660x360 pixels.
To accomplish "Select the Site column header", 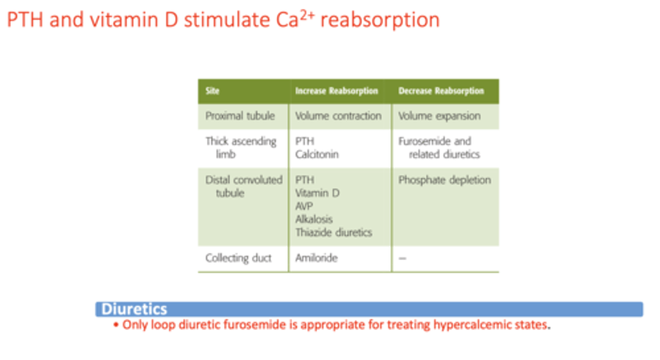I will (x=212, y=91).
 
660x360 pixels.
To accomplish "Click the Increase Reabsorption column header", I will (x=336, y=91).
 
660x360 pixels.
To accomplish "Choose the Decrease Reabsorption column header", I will (x=441, y=91).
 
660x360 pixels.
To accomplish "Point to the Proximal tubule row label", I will (x=240, y=116).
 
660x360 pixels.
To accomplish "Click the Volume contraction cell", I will (x=338, y=116).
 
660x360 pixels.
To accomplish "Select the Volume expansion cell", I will (x=439, y=116).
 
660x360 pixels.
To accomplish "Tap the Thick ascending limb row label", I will (x=240, y=147).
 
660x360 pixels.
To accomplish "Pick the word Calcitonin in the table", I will (x=317, y=154).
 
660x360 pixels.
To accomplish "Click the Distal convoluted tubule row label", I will (x=243, y=186).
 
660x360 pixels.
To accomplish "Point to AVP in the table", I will (x=304, y=206).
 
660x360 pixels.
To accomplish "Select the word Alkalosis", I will (x=314, y=219).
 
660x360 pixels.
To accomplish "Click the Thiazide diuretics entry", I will (x=334, y=232).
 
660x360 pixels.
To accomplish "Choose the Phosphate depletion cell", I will (x=444, y=180).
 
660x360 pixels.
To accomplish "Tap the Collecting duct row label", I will (x=238, y=258).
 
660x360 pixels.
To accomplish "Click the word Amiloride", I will (x=316, y=258).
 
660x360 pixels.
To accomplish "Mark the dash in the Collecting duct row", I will (x=402, y=258).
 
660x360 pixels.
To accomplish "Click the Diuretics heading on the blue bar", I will (x=134, y=309).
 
